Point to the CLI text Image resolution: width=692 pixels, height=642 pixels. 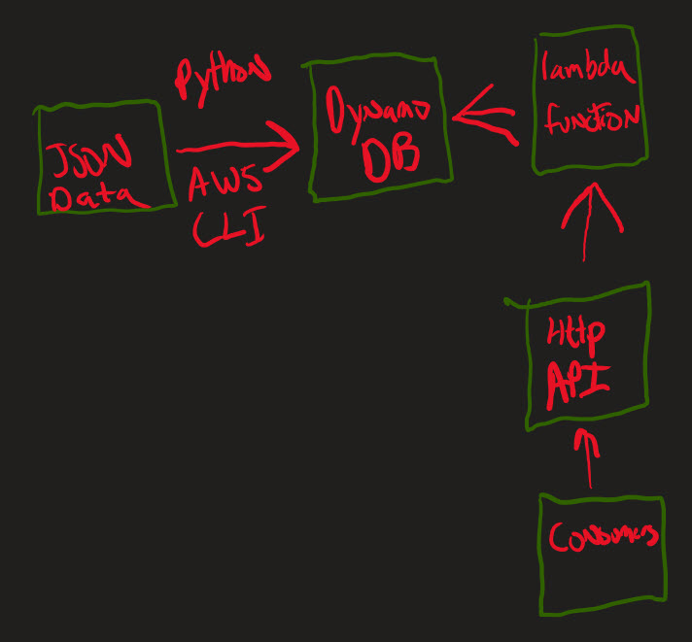click(228, 228)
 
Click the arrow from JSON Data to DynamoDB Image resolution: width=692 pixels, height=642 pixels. click(238, 149)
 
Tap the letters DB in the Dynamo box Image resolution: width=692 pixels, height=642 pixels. click(390, 160)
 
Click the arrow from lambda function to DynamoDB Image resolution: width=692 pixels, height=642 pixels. click(483, 117)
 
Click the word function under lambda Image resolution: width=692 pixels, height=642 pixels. click(592, 120)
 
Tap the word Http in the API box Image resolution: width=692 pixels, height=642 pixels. click(575, 333)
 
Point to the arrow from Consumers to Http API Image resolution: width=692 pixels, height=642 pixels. click(586, 456)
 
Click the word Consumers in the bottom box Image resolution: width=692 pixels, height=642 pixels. click(603, 536)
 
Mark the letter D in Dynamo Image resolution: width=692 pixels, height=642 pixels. click(336, 114)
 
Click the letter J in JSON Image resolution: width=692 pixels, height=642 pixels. click(58, 156)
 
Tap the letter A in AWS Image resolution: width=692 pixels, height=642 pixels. click(199, 182)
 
